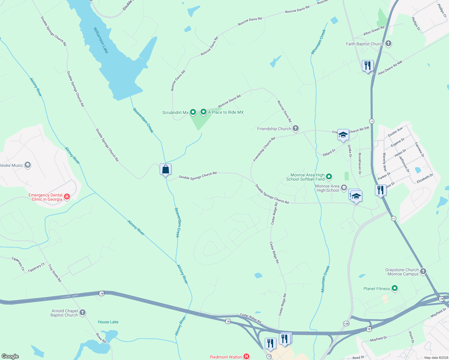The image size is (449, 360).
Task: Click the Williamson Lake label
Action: (101, 40)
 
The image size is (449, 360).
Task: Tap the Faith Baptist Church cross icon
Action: (388, 44)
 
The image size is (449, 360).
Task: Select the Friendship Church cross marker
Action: (296, 129)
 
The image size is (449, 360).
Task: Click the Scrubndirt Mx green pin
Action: (193, 112)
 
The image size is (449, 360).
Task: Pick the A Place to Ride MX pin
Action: (203, 112)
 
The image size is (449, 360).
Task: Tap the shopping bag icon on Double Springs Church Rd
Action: (166, 170)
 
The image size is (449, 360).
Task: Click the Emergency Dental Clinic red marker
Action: (67, 197)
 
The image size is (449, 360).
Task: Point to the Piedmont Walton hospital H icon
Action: (246, 357)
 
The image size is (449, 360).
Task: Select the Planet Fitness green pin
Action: (395, 289)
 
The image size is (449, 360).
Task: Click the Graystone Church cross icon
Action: (423, 271)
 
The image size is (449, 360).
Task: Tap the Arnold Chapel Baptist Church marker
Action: (83, 313)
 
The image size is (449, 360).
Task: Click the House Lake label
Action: (108, 322)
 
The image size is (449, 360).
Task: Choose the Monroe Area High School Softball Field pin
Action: (329, 177)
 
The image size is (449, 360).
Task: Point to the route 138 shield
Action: (346, 324)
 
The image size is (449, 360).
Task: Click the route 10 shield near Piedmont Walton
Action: (269, 356)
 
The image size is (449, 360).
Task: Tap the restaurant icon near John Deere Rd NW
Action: (368, 65)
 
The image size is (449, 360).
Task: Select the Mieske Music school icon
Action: (28, 165)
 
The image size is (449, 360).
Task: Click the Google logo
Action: (10, 356)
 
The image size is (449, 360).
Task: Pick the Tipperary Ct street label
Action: (36, 268)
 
